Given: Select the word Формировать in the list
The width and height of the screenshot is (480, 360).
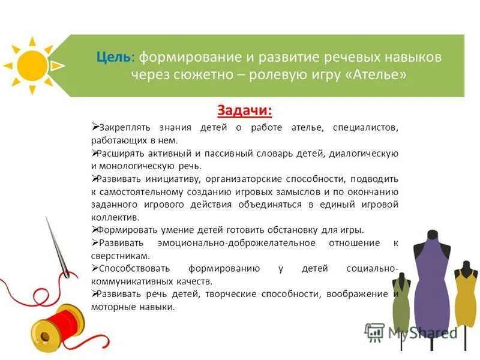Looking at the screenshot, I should tap(127, 230).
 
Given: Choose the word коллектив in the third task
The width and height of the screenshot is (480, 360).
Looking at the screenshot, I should tap(115, 217).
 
